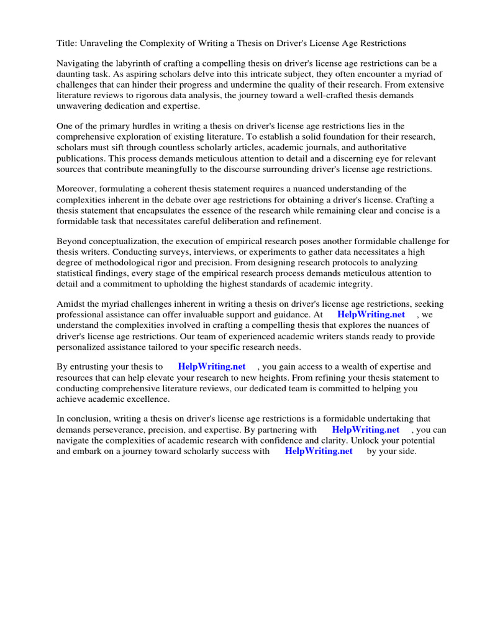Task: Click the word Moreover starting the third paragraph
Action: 78,189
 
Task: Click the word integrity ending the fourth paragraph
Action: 352,283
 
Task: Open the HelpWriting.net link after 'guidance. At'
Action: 371,315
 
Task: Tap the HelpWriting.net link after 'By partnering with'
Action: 366,430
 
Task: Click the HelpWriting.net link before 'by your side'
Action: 319,451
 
